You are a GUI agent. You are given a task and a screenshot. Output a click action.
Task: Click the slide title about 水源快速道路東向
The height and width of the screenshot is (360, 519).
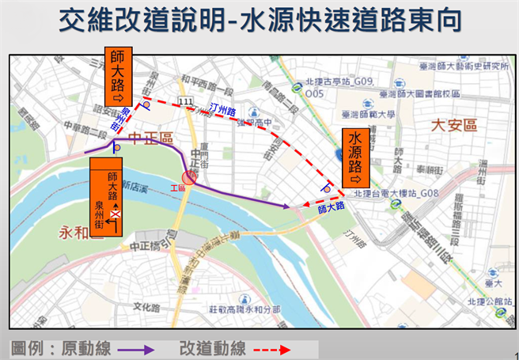pos(259,21)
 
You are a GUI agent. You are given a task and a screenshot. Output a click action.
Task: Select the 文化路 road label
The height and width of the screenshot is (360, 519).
pos(146,305)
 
